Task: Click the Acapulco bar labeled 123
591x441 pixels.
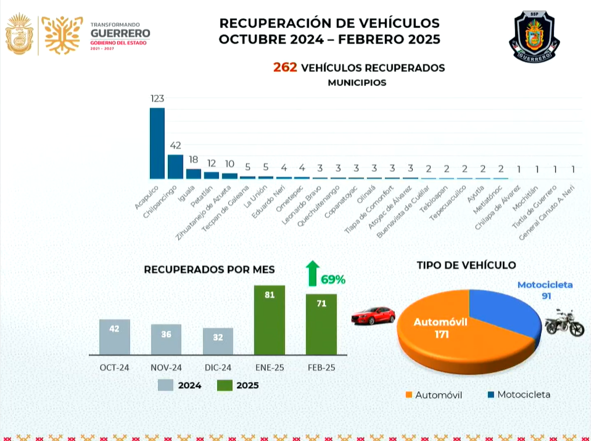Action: pyautogui.click(x=157, y=143)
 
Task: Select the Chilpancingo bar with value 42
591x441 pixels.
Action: pyautogui.click(x=175, y=167)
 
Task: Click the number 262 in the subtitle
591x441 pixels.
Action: pyautogui.click(x=285, y=68)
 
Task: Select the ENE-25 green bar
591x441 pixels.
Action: pyautogui.click(x=269, y=320)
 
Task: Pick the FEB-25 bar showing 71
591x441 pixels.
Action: pyautogui.click(x=322, y=324)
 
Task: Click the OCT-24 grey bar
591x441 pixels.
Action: pyautogui.click(x=114, y=337)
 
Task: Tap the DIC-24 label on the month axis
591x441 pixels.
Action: pyautogui.click(x=218, y=367)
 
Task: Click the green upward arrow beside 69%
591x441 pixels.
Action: pyautogui.click(x=313, y=273)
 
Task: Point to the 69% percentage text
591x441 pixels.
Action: pyautogui.click(x=333, y=280)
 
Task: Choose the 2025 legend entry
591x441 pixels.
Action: pyautogui.click(x=239, y=385)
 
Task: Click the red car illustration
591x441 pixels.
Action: pyautogui.click(x=373, y=316)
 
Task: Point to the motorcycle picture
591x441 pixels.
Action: pyautogui.click(x=564, y=323)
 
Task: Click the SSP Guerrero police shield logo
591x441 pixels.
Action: pyautogui.click(x=534, y=37)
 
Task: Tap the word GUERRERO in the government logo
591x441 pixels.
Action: pyautogui.click(x=120, y=34)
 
